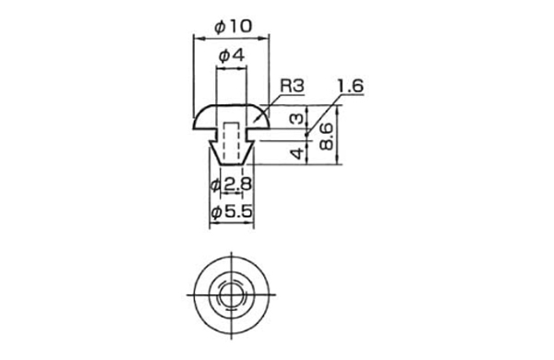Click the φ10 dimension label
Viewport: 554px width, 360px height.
pos(231,26)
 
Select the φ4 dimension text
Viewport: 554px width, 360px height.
pos(231,55)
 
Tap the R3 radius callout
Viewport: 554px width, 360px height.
pos(292,86)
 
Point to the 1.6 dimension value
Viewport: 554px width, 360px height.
pos(351,87)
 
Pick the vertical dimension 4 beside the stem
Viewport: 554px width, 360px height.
pos(296,151)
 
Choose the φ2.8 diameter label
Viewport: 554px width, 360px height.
pos(231,185)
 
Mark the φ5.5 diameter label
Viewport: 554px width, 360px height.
pos(231,212)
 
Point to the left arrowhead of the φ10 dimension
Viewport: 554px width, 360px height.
pos(196,38)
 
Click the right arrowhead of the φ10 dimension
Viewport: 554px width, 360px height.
pos(265,38)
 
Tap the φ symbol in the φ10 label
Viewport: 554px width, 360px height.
pos(219,26)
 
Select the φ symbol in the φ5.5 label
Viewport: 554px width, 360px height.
pos(216,212)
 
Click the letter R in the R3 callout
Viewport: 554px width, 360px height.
pos(286,86)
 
